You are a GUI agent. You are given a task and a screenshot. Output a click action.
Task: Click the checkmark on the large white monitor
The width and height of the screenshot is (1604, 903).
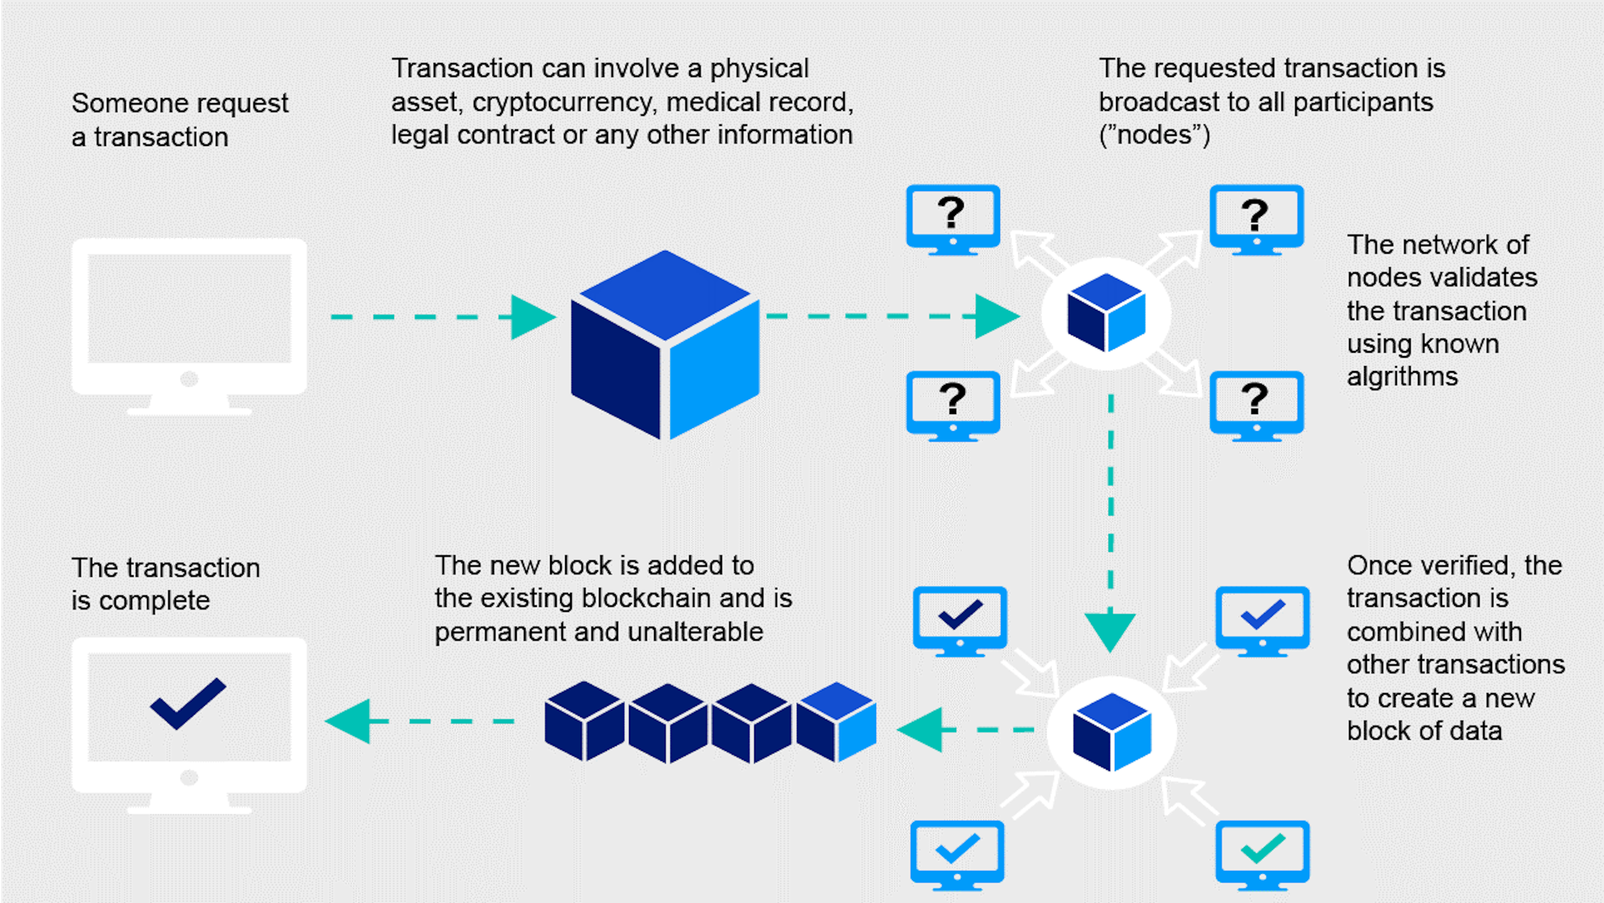click(x=188, y=704)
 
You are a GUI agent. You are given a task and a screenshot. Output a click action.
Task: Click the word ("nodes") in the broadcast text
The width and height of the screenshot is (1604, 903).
click(x=1155, y=135)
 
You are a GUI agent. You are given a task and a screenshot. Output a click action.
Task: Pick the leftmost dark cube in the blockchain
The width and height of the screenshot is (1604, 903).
click(x=584, y=721)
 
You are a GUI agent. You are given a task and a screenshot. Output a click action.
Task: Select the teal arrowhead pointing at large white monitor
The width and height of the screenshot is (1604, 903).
click(x=349, y=721)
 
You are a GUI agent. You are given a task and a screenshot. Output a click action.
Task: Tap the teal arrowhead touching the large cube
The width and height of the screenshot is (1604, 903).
click(x=533, y=317)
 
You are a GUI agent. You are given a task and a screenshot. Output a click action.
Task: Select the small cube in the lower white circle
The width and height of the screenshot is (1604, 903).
click(x=1112, y=733)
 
